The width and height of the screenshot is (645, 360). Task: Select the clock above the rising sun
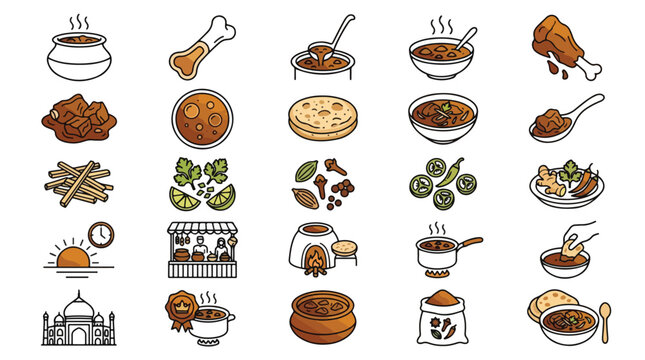point(100,235)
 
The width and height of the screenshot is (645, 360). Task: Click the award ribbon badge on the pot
point(181,304)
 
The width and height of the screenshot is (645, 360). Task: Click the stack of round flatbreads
point(321,118)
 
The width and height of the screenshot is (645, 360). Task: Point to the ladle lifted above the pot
point(337,35)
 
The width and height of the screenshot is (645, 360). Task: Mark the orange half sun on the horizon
point(74,259)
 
